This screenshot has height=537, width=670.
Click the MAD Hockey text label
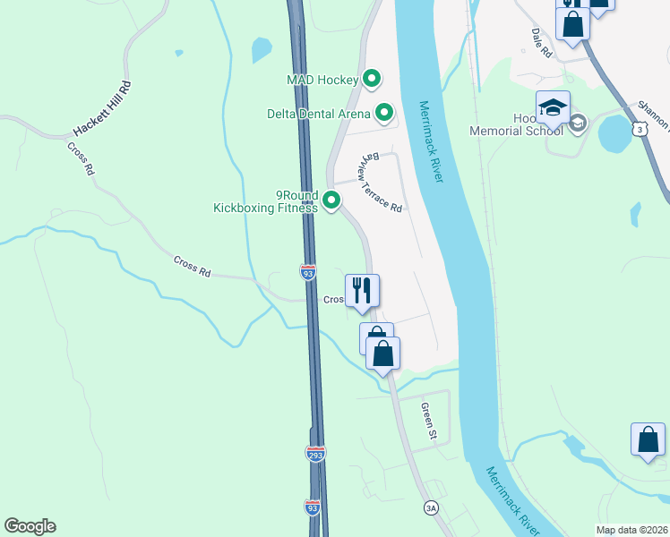322,80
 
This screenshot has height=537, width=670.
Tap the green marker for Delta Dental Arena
384,113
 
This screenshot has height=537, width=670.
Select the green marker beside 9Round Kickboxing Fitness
331,200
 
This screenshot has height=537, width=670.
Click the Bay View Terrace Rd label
381,182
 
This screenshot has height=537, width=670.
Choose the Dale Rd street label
542,42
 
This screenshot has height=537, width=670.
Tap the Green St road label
428,422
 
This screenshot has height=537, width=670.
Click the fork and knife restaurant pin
362,291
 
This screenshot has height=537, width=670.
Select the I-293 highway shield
315,455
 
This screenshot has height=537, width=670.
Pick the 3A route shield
431,507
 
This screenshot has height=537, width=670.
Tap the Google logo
30,526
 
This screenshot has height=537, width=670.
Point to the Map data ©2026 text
632,529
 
